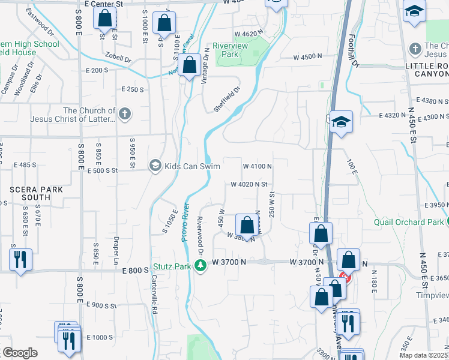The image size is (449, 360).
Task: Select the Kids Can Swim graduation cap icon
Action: pyautogui.click(x=155, y=165)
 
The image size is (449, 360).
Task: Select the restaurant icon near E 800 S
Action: pyautogui.click(x=20, y=259)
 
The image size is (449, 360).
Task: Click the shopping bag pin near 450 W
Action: pyautogui.click(x=246, y=226)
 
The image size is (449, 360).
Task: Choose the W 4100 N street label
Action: pyautogui.click(x=258, y=166)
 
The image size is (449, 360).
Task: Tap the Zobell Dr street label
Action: pyautogui.click(x=119, y=59)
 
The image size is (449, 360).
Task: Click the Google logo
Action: pyautogui.click(x=20, y=352)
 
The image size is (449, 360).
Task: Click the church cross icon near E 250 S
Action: pyautogui.click(x=124, y=114)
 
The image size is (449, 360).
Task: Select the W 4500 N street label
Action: pyautogui.click(x=308, y=58)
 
